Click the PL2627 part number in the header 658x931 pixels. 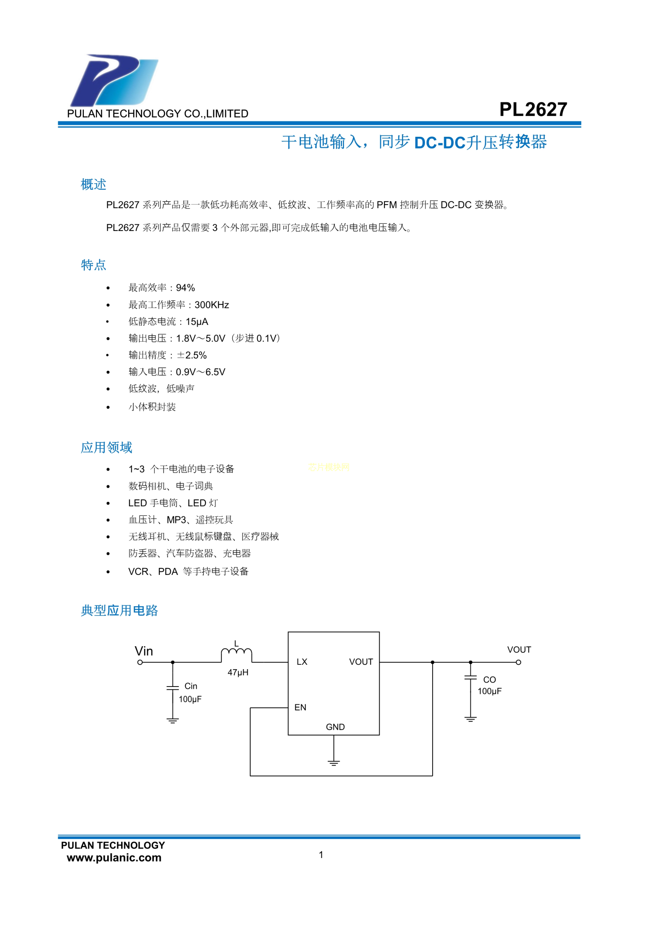coord(533,109)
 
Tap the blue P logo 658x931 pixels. coord(114,80)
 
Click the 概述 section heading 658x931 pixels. coord(93,184)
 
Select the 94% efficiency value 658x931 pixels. coord(185,287)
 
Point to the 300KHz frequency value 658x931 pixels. coord(212,305)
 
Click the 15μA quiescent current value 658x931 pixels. coord(197,322)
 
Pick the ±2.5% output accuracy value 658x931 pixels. coord(192,355)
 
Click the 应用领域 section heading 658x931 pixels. coord(106,447)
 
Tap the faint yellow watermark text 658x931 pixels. coord(329,467)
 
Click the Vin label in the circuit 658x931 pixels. coord(144,651)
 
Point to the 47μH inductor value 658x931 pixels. coord(238,672)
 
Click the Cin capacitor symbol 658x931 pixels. coord(173,687)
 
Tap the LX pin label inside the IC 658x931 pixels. coord(302,662)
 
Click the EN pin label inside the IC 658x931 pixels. coord(300,707)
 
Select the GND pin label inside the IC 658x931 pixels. coord(335,727)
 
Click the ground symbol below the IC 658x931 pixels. coord(334,763)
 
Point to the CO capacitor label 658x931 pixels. coord(489,680)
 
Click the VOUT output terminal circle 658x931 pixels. coord(519,662)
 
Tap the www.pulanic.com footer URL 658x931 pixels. coord(114,858)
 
